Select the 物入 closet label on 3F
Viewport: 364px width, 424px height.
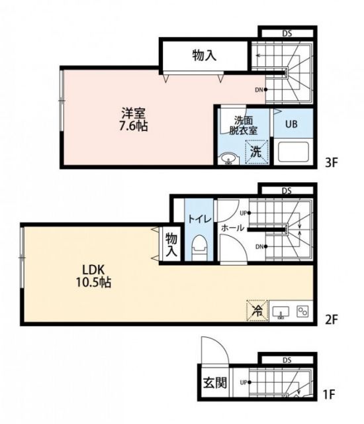click(205, 56)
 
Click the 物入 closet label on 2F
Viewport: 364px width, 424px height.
click(171, 245)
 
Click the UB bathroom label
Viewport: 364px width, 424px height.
click(291, 123)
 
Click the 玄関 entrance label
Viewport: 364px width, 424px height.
click(210, 385)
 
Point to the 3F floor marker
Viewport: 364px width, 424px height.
click(330, 162)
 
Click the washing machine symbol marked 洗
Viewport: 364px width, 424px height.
click(255, 151)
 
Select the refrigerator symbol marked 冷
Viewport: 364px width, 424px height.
click(255, 310)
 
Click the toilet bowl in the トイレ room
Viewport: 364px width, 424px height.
click(199, 250)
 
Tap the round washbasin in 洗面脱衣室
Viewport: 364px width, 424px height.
click(228, 158)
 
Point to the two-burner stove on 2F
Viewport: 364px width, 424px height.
click(304, 310)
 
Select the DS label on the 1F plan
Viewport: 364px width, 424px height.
click(287, 360)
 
